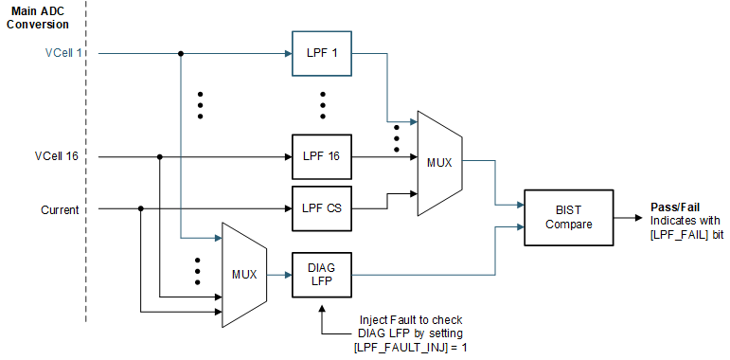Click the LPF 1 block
point(321,53)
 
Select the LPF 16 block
point(321,155)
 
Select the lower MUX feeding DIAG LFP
point(243,275)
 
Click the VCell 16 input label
point(58,155)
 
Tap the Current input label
point(59,208)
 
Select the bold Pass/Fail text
point(674,207)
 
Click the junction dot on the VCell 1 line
point(180,53)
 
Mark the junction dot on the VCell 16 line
point(160,155)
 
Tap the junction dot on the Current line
point(140,208)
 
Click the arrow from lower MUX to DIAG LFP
point(279,275)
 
